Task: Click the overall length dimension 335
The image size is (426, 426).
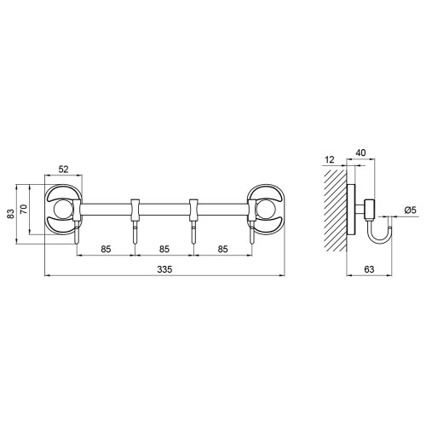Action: (164, 269)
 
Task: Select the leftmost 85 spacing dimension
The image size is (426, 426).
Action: (106, 249)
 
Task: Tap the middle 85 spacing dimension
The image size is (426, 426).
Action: (164, 249)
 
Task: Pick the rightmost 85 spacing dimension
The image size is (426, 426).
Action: (223, 249)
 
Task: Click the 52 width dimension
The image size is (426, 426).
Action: (63, 170)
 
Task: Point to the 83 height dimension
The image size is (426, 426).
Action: (10, 214)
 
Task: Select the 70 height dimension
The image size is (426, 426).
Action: (24, 209)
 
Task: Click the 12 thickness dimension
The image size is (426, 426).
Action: (330, 159)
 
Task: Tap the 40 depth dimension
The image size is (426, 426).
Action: (360, 153)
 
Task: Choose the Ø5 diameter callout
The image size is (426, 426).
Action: (410, 210)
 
